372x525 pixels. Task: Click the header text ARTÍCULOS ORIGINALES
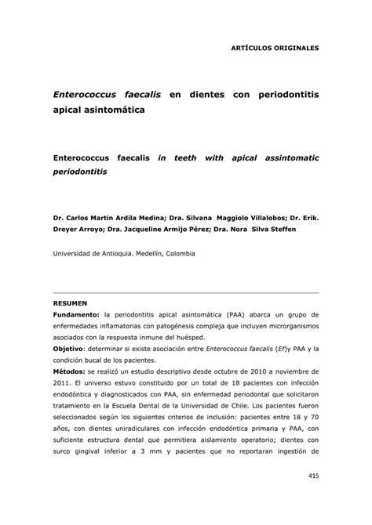(x=274, y=48)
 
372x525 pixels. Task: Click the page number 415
(x=313, y=497)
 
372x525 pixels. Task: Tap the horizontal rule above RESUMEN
(x=185, y=292)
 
